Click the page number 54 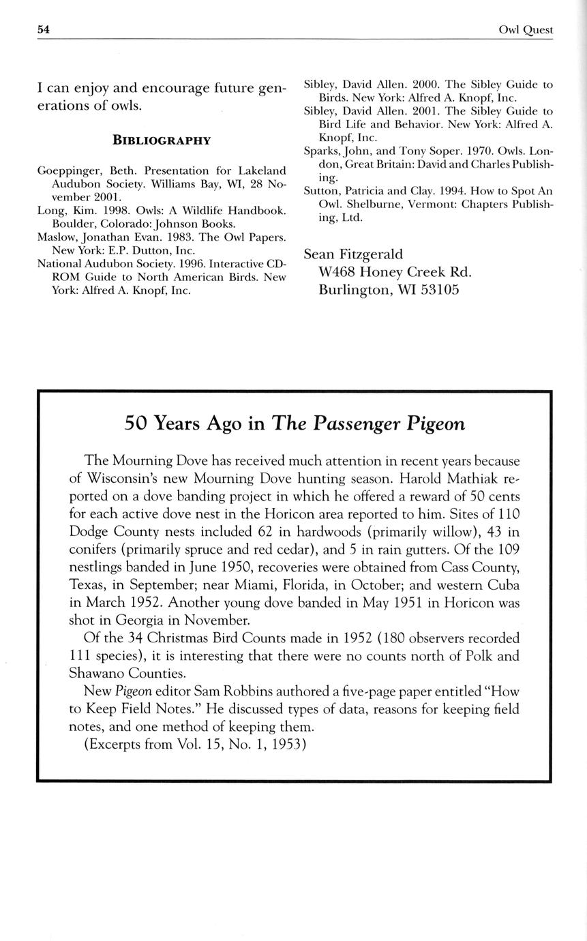44,29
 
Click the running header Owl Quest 526,30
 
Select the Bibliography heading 161,140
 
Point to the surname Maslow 55,237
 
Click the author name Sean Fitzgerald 354,254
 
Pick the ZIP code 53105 434,289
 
